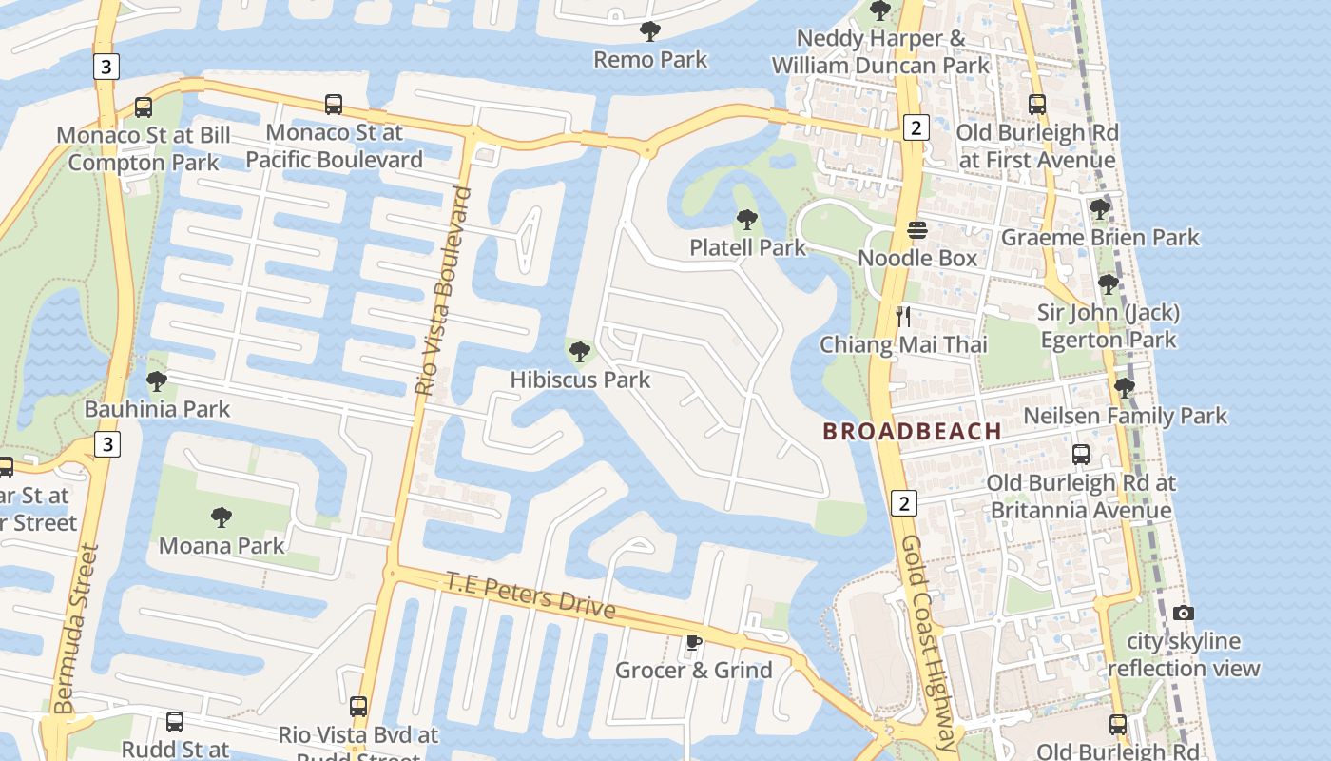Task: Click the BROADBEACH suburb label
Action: (x=912, y=431)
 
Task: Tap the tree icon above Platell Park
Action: (x=747, y=221)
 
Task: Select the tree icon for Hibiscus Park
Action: (x=579, y=352)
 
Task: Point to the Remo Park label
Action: (x=650, y=59)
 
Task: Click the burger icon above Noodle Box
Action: (x=917, y=230)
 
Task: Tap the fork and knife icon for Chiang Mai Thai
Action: (x=903, y=317)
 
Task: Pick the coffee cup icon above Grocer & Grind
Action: (x=694, y=643)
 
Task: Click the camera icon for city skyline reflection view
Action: (x=1183, y=614)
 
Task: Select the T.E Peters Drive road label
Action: (x=530, y=595)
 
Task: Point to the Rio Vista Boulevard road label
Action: (x=444, y=291)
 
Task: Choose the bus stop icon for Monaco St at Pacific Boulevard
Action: (x=333, y=105)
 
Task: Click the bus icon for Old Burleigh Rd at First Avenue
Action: (x=1036, y=105)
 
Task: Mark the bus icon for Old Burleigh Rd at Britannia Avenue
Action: (x=1081, y=455)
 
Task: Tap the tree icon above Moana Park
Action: (x=222, y=517)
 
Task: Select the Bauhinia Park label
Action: (x=158, y=409)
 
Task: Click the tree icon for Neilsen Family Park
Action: (x=1125, y=388)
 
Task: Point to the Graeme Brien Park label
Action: (x=1100, y=237)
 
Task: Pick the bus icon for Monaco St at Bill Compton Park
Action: (x=144, y=107)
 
